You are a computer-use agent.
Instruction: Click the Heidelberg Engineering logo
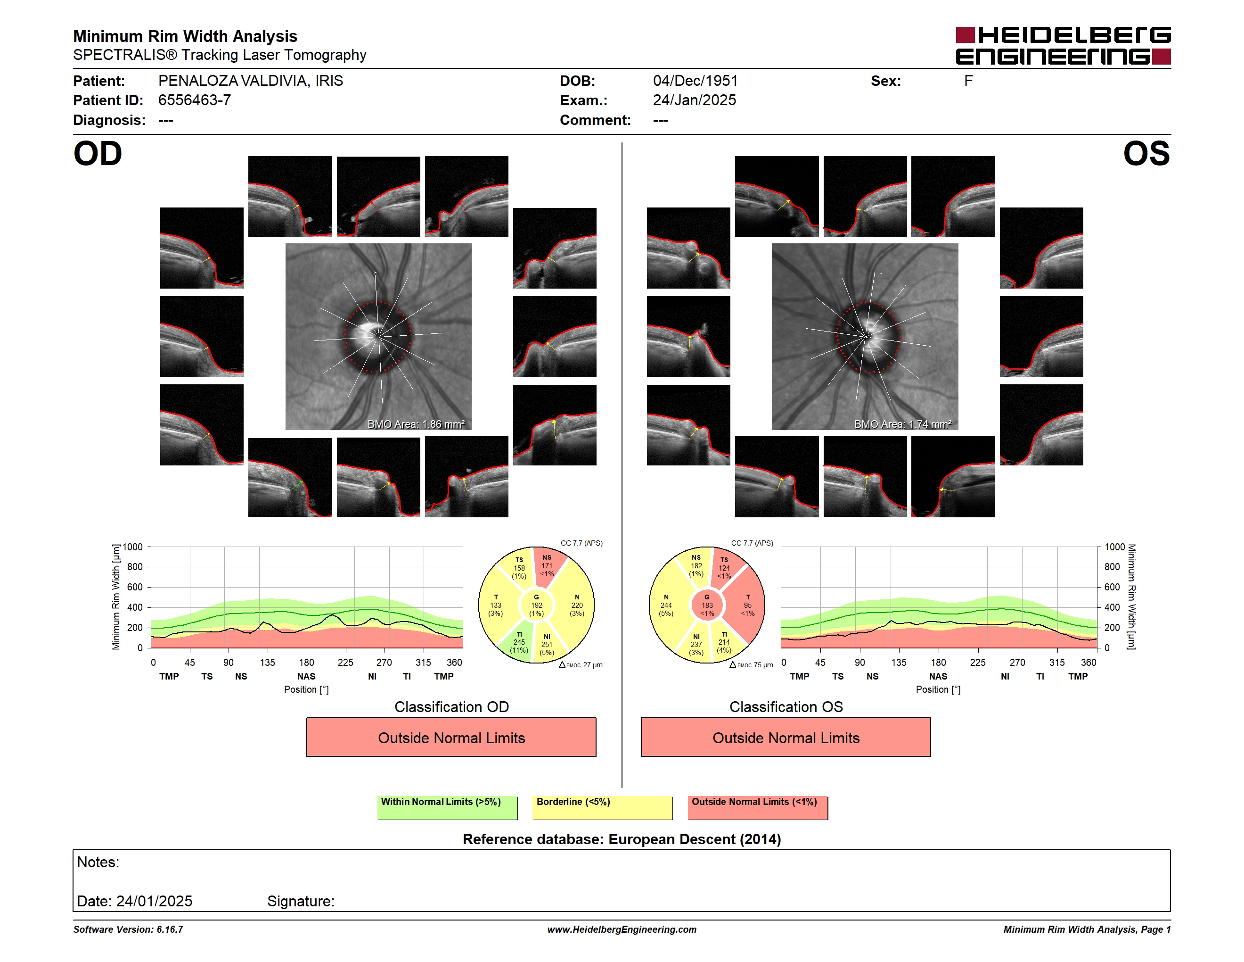coord(1063,46)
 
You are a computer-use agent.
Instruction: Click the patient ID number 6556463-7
coord(194,100)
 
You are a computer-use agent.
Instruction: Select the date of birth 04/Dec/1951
coord(695,81)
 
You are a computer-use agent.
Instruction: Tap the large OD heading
coord(98,154)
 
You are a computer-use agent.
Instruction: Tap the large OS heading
coord(1146,154)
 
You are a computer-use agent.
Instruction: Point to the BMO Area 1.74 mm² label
coord(902,424)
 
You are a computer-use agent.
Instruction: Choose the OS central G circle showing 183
coord(707,605)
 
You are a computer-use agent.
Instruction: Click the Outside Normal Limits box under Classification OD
coord(451,737)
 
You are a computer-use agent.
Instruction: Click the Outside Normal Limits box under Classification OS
coord(786,737)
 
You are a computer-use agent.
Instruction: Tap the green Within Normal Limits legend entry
coord(447,807)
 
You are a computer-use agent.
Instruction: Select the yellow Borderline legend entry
coord(602,807)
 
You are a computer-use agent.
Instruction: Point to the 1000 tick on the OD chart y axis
coord(133,547)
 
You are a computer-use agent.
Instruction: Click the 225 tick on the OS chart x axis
coord(977,662)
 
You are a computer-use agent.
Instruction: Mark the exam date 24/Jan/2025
coord(695,100)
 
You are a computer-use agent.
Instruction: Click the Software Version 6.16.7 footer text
coord(128,929)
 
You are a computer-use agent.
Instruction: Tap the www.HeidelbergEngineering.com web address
coord(622,929)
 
